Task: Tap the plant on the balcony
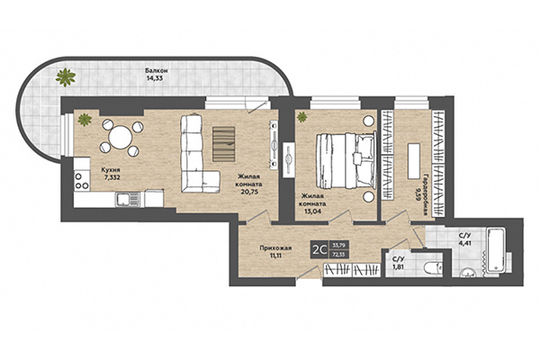point(65,76)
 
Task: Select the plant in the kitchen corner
point(85,118)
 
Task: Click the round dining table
point(119,139)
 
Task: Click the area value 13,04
point(312,203)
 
